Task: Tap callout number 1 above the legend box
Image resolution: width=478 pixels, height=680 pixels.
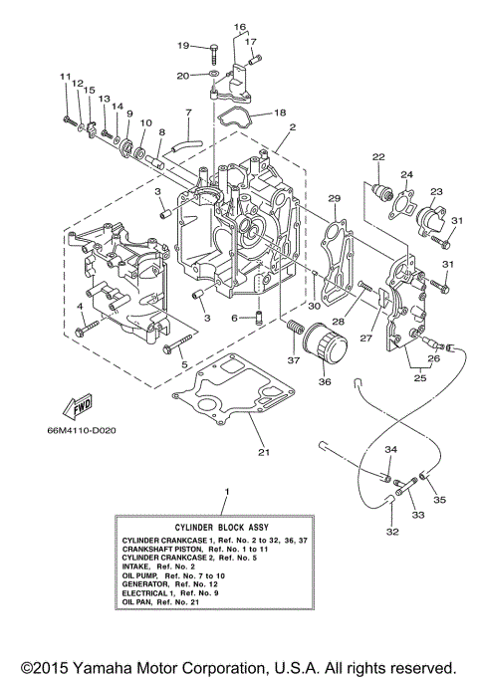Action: (228, 492)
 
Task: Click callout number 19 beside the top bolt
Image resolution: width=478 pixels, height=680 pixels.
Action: (183, 46)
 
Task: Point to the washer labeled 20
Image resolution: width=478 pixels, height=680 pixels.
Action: (215, 75)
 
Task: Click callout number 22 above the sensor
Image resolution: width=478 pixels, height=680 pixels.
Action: (378, 156)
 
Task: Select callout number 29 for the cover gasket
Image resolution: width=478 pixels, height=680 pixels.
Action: (335, 198)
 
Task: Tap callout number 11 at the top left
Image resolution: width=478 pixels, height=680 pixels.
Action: (64, 77)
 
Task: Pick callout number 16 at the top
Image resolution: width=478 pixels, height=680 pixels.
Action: (240, 26)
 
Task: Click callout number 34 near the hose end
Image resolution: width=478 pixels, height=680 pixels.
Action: (390, 451)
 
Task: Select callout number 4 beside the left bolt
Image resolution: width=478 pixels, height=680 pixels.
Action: (80, 306)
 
